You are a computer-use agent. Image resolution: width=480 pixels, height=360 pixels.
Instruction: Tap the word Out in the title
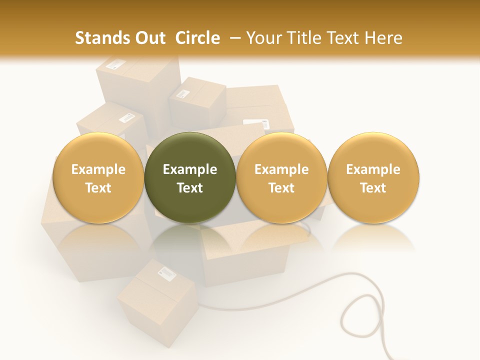coord(149,38)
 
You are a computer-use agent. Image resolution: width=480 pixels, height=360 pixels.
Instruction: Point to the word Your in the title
coord(264,38)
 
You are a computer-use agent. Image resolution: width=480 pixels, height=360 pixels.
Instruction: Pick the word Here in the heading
coord(384,38)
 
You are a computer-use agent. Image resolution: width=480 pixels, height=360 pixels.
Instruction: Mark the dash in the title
coord(235,38)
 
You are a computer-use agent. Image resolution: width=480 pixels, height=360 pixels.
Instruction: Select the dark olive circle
coord(190,177)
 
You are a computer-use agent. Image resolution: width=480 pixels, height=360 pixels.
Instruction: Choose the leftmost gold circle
coord(98,177)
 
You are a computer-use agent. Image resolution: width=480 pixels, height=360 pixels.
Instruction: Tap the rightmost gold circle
coord(373,177)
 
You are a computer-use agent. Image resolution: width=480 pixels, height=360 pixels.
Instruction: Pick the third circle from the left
coord(281,177)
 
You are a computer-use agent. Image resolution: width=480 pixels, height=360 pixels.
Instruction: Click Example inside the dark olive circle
coord(190,169)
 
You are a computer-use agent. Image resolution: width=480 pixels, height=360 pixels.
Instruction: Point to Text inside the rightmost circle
coord(373,188)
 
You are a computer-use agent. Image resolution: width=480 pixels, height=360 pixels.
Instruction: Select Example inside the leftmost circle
coord(98,169)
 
